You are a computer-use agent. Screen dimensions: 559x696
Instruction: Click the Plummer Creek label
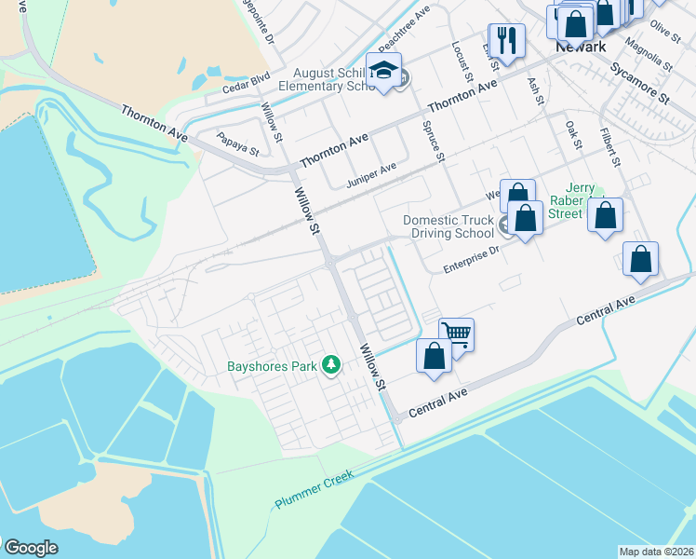click(x=314, y=490)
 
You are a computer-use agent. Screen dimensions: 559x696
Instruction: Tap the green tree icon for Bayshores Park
click(x=330, y=365)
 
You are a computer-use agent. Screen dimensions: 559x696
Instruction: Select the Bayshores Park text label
click(x=273, y=366)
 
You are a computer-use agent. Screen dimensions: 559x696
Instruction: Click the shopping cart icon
click(x=456, y=334)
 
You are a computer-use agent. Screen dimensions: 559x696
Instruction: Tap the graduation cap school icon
click(x=383, y=71)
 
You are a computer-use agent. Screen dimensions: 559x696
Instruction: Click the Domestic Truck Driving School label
click(x=448, y=227)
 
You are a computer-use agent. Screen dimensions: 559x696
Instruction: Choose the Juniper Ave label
click(x=371, y=173)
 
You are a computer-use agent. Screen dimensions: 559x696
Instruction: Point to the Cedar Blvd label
click(x=246, y=83)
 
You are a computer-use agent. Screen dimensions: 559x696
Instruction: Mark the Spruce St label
click(x=434, y=140)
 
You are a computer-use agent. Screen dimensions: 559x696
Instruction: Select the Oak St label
click(x=573, y=137)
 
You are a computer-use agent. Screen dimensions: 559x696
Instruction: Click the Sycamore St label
click(x=640, y=82)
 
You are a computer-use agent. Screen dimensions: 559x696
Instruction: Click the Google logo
click(x=31, y=548)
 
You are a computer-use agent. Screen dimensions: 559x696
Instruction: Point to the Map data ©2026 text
click(x=656, y=552)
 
